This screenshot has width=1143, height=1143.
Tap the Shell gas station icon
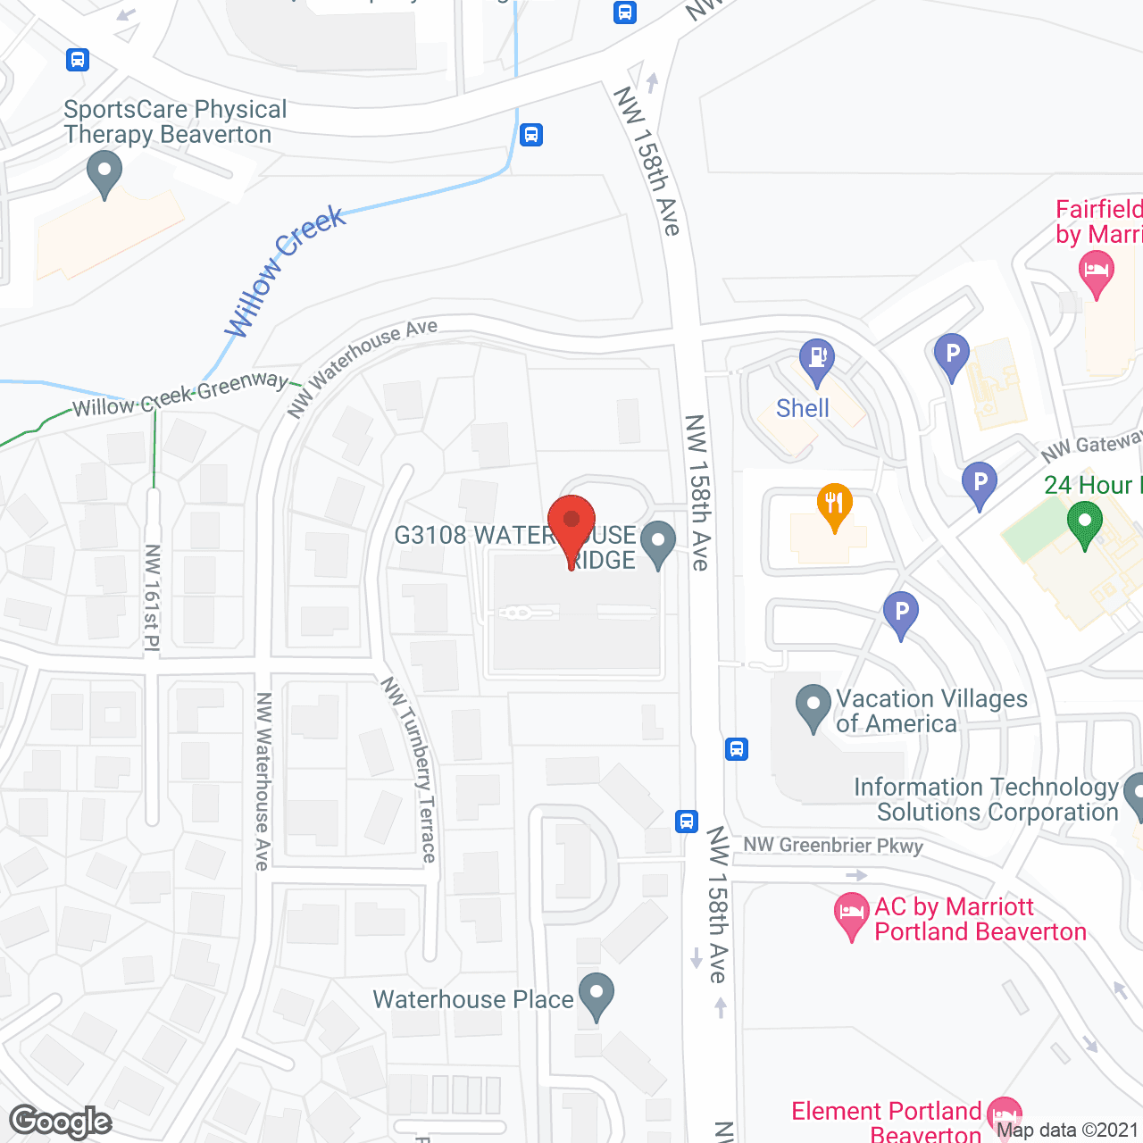point(816,360)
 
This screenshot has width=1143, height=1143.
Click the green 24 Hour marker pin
point(1084,523)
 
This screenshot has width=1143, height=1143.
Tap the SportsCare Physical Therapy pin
point(105,172)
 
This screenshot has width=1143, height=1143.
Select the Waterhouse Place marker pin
point(596,995)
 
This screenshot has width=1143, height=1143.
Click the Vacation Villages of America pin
point(813,706)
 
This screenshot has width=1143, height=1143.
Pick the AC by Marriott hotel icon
point(851,914)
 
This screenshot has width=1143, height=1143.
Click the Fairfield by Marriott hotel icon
point(1096,272)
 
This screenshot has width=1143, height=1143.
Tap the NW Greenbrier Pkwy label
point(833,845)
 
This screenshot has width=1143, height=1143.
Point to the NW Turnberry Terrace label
point(410,770)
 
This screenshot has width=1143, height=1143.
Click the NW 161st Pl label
point(152,597)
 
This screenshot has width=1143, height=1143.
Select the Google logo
point(61,1122)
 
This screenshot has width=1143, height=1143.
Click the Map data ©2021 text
point(1067,1130)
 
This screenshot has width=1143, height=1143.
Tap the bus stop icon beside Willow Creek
point(531,135)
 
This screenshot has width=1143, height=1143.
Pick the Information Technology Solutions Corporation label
point(986,799)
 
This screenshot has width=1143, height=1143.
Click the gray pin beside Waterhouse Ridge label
point(658,544)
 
